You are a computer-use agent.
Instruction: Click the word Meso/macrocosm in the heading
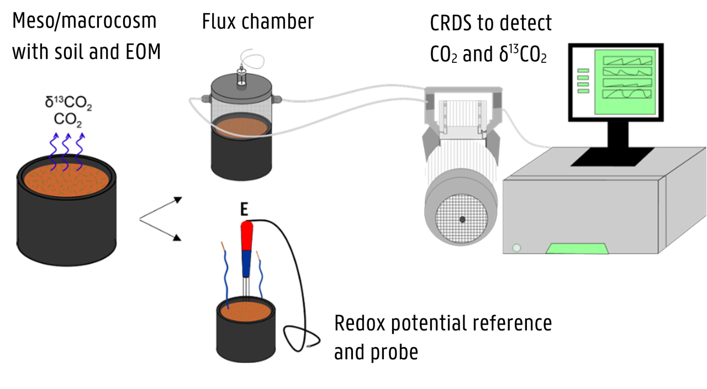click(85, 22)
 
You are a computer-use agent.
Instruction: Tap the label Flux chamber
click(258, 22)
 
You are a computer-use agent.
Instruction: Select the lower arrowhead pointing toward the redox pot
click(177, 238)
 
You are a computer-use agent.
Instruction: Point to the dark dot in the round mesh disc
click(462, 219)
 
